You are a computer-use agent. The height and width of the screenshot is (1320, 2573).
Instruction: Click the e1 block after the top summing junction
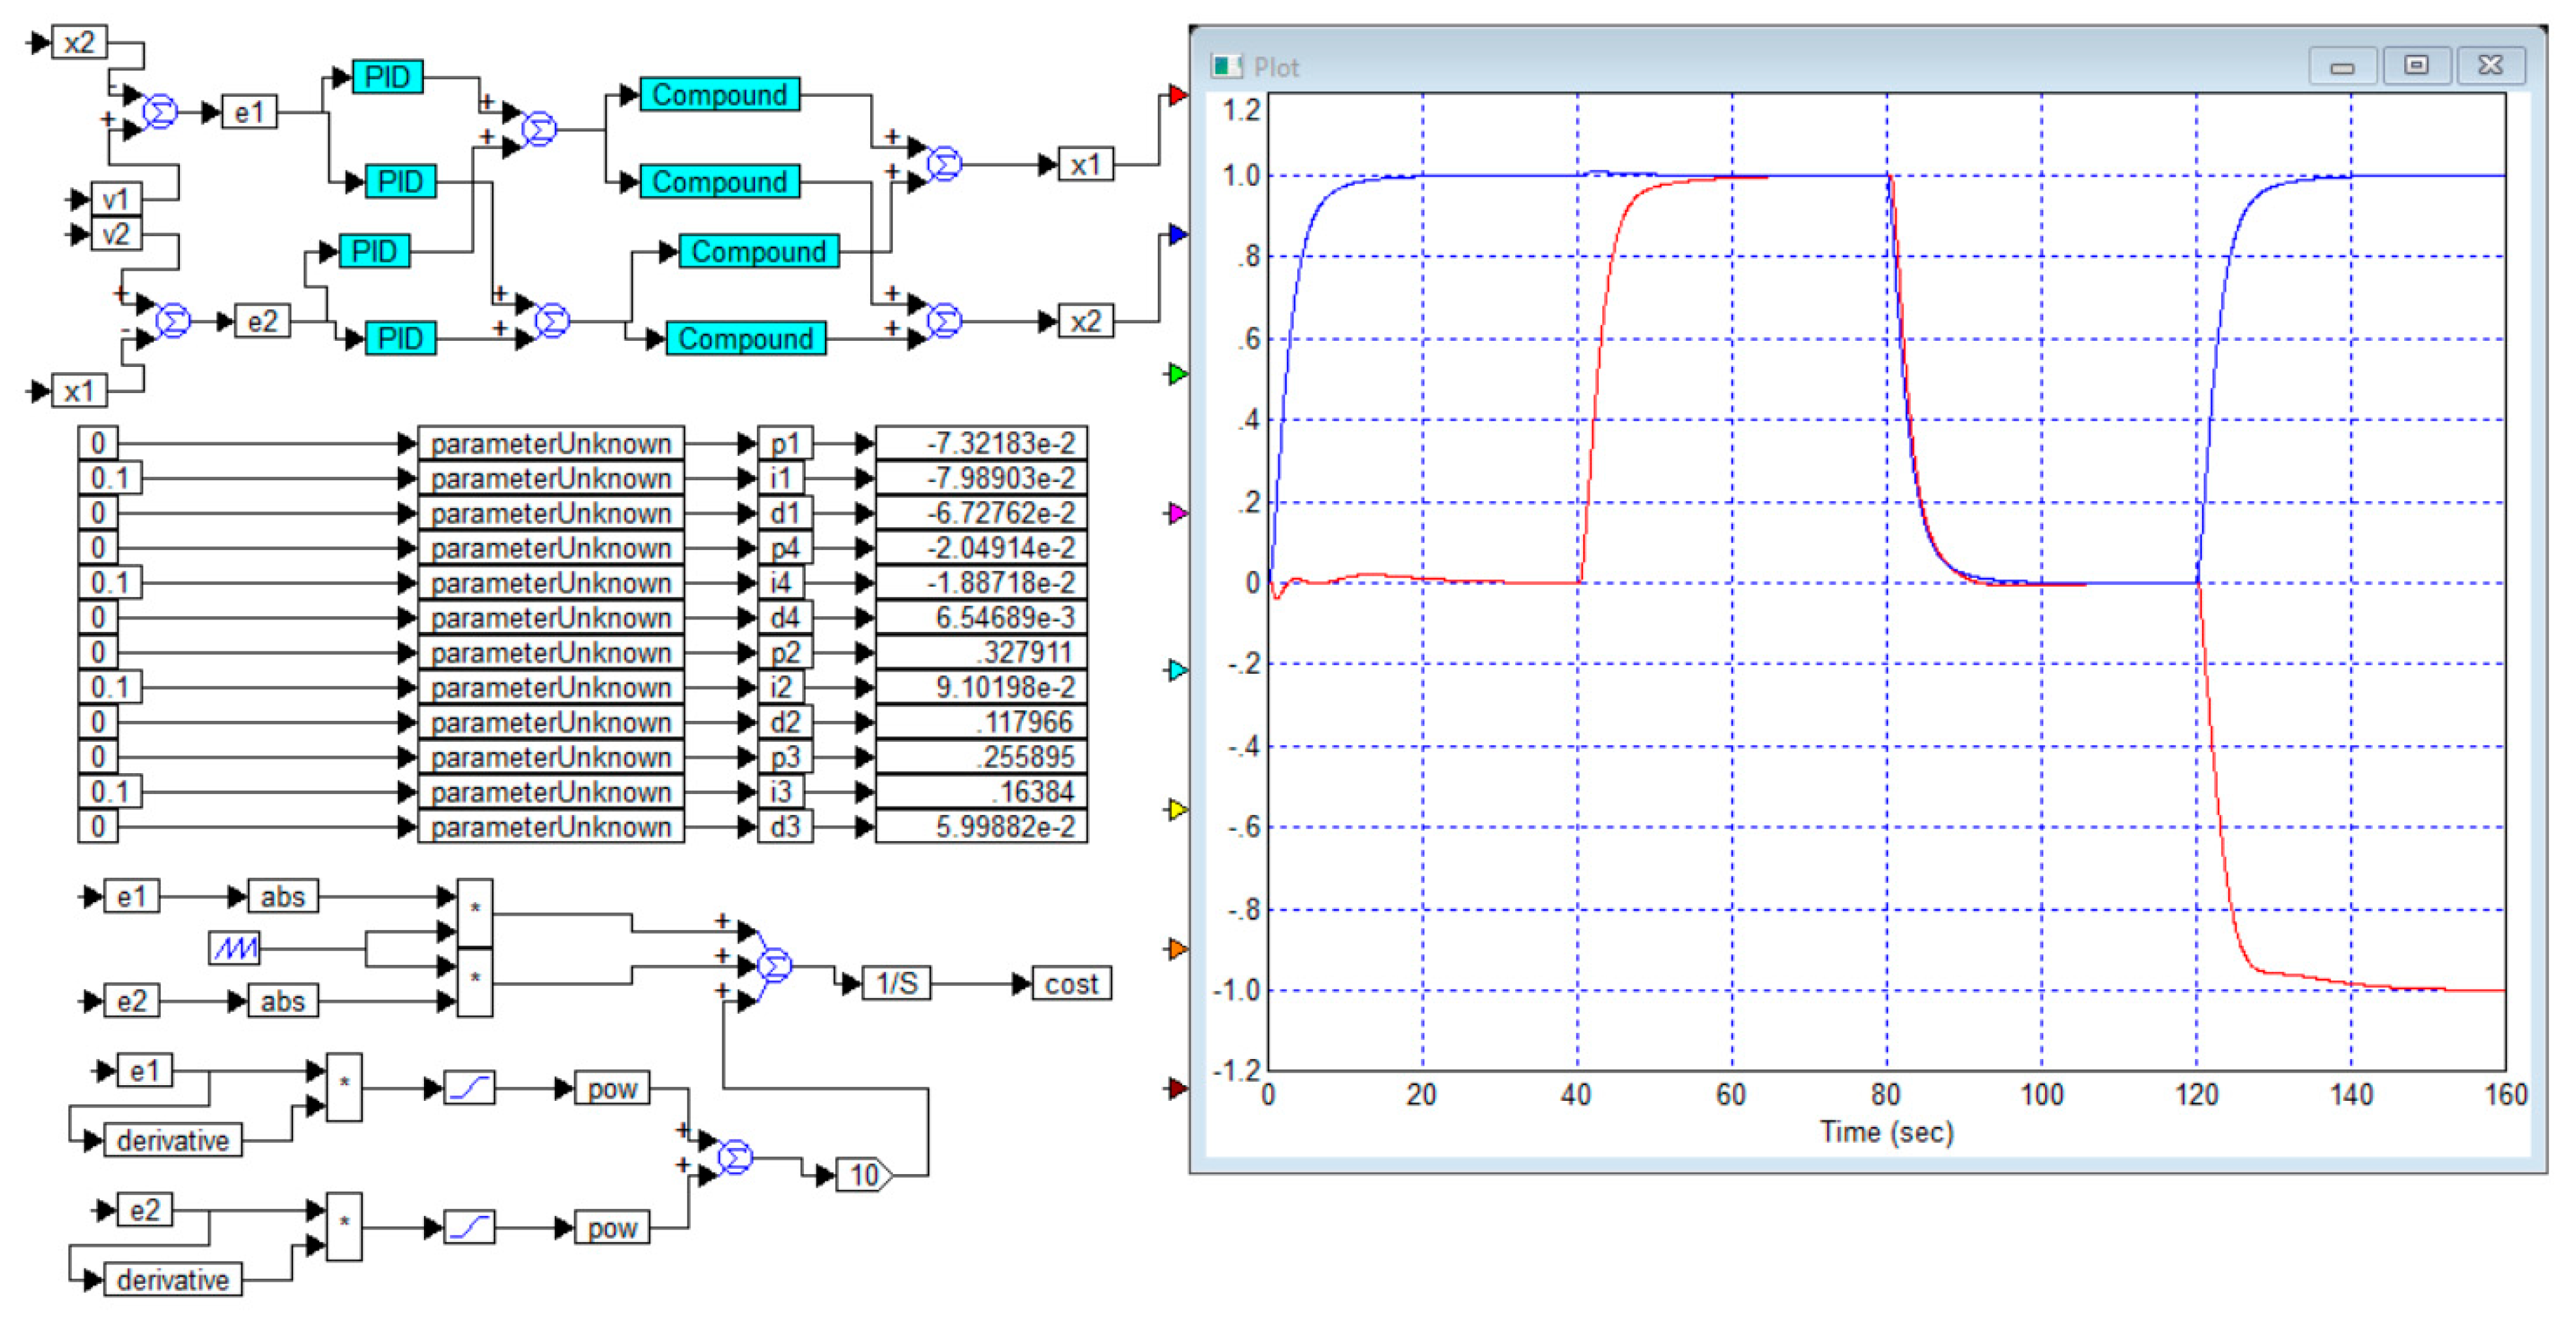tap(249, 112)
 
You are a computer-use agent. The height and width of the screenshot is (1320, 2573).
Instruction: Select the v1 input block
tap(116, 199)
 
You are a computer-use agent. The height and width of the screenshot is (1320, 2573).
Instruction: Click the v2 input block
tap(116, 235)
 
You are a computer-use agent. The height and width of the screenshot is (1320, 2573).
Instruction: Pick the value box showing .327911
tap(981, 652)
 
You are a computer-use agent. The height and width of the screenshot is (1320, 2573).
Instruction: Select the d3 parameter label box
tap(784, 827)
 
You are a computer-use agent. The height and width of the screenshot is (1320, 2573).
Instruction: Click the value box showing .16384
tap(981, 791)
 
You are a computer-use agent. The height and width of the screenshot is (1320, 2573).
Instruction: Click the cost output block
tap(1071, 984)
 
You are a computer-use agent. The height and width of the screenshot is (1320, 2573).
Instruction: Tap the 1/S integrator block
tap(896, 984)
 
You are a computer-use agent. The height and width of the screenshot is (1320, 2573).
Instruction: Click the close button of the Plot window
tap(2490, 66)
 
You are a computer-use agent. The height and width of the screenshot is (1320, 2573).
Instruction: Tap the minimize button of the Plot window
tap(2342, 66)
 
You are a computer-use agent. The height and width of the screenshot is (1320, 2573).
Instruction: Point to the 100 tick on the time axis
tap(2040, 1096)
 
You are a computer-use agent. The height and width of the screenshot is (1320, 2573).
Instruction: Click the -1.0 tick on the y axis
tap(1236, 990)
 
